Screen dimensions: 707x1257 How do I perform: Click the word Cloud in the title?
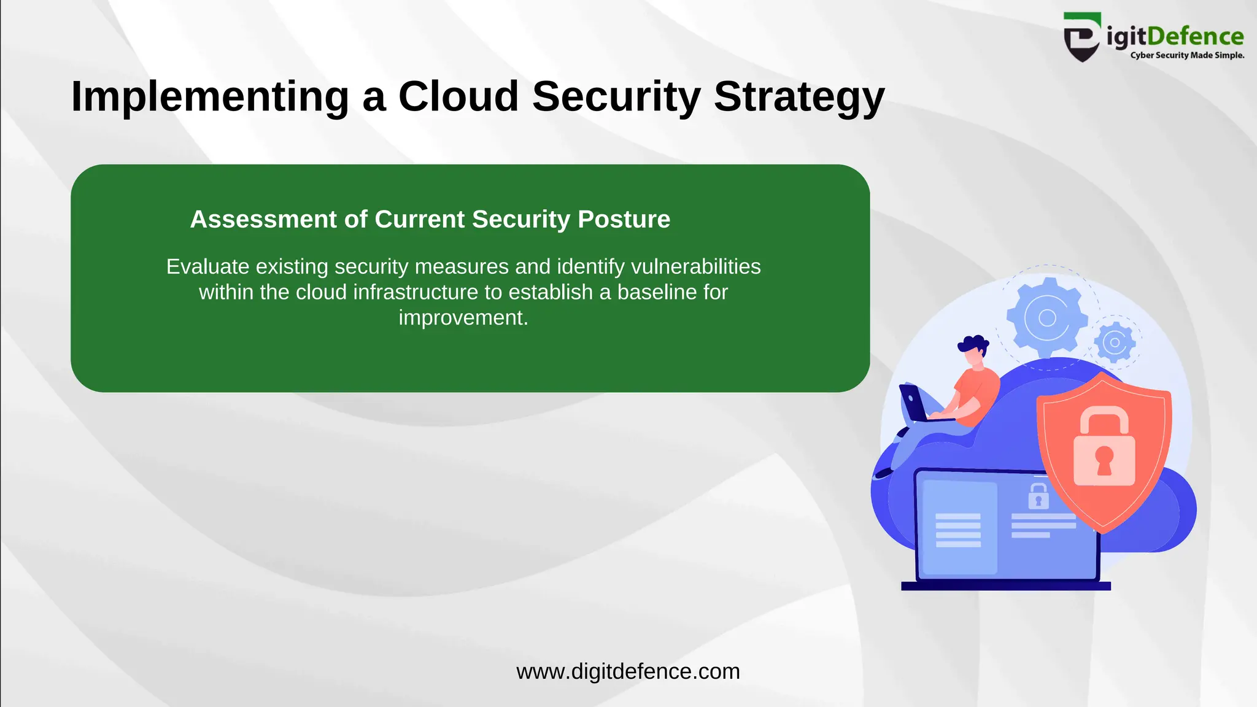[458, 96]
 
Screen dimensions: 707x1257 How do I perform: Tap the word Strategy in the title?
[799, 96]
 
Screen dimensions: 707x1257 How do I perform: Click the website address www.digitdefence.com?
[628, 671]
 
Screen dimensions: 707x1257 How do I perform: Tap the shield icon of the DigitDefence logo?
[1081, 38]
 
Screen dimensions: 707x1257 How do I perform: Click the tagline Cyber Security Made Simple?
[1187, 55]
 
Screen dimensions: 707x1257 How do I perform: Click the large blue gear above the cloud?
[1046, 317]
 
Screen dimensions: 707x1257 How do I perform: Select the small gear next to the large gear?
[1115, 342]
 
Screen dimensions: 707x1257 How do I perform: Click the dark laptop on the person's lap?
[915, 403]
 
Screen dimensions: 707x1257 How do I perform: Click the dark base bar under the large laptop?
[1005, 586]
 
